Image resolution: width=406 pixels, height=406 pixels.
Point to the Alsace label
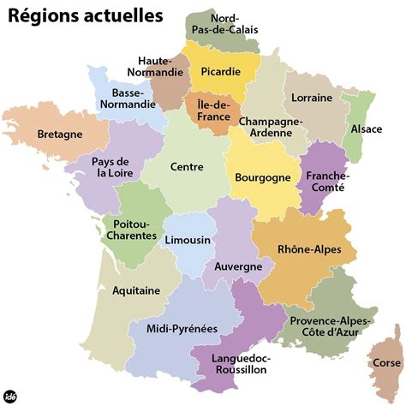[x=367, y=129]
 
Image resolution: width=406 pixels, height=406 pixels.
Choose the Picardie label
[x=220, y=72]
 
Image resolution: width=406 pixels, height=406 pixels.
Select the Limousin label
[x=187, y=241]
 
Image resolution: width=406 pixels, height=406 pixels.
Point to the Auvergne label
[x=238, y=267]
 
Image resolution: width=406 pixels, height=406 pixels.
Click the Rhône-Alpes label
[x=309, y=249]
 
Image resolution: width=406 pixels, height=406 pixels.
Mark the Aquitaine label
[x=136, y=290]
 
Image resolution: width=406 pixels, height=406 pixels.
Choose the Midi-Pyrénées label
[x=182, y=329]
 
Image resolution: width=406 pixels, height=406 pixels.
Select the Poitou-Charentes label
[x=132, y=230]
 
